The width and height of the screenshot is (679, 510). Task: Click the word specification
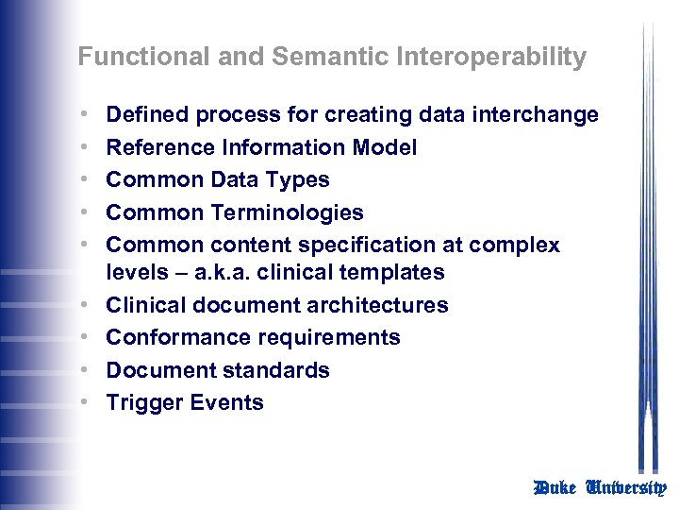(364, 246)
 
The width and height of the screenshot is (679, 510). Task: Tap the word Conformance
(171, 338)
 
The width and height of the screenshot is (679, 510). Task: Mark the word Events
(227, 403)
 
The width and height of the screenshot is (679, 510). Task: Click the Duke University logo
(600, 488)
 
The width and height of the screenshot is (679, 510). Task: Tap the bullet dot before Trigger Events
(86, 402)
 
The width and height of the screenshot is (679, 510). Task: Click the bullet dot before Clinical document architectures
(86, 305)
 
